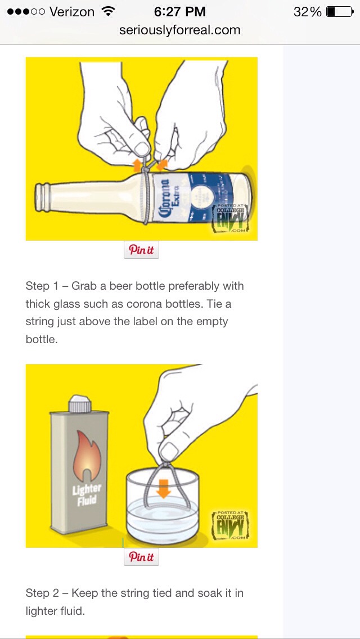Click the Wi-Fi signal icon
tap(109, 12)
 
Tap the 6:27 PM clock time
tap(179, 12)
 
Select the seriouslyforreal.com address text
tap(179, 30)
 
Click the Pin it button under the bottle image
tap(141, 250)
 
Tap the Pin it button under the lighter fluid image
tap(141, 557)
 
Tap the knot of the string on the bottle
tap(146, 169)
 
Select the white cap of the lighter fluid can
tap(79, 404)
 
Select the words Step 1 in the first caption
tap(42, 286)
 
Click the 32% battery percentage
tap(307, 12)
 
